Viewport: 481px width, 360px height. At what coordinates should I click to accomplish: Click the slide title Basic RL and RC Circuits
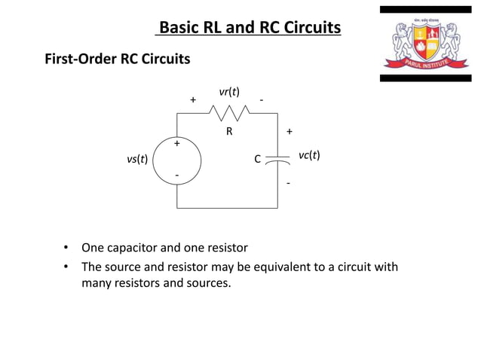tap(249, 29)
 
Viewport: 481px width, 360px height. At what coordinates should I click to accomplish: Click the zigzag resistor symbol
tap(229, 113)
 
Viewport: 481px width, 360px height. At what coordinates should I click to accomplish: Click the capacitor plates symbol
tap(278, 160)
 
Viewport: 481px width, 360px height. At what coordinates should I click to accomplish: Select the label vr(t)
tap(229, 92)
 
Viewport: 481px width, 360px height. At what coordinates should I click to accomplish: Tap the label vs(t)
tap(136, 160)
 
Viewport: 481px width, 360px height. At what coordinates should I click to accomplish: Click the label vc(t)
tap(309, 155)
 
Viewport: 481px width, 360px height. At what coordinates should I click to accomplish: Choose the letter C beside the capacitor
tap(257, 160)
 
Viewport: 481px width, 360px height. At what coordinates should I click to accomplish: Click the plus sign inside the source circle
tap(177, 143)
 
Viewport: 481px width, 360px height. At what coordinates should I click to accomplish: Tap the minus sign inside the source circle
tap(177, 175)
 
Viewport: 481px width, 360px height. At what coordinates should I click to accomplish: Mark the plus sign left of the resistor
tap(193, 99)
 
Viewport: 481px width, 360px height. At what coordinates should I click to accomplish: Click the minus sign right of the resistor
tap(261, 99)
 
